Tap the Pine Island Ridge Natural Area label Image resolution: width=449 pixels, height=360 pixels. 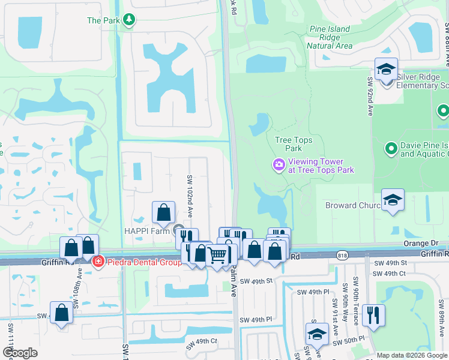coord(330,37)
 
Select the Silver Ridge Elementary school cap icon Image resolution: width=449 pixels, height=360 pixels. coord(387,70)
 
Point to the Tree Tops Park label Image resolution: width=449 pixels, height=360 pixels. coord(293,144)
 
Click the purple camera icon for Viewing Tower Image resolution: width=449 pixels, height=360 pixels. coord(279,164)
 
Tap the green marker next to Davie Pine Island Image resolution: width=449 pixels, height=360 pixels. coord(391,147)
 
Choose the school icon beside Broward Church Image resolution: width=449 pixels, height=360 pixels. coord(393,200)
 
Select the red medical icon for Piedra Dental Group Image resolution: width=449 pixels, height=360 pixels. coord(97,262)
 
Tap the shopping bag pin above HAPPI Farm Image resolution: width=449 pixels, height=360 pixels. coord(163,212)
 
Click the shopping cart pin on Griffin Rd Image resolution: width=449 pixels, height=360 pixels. coord(217,256)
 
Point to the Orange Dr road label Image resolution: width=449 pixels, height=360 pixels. coord(426,244)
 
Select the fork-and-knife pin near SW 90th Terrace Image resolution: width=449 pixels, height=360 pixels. coord(373,314)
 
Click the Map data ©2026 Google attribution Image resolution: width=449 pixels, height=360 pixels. coord(412,355)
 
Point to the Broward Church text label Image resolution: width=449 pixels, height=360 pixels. coord(352,206)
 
